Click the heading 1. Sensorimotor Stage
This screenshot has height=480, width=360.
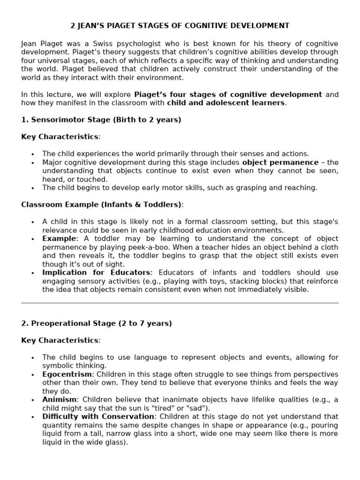[65, 120]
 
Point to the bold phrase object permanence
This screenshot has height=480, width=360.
[280, 162]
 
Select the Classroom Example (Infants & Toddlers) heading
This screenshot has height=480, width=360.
[101, 204]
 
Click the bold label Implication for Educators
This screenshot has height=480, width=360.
[97, 272]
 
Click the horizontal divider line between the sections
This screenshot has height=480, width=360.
[180, 303]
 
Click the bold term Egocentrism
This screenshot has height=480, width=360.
[67, 374]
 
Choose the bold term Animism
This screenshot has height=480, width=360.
[59, 399]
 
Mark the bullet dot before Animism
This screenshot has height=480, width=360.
[33, 400]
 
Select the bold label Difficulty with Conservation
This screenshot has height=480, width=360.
[98, 416]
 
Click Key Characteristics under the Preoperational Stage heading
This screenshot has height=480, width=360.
[60, 340]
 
